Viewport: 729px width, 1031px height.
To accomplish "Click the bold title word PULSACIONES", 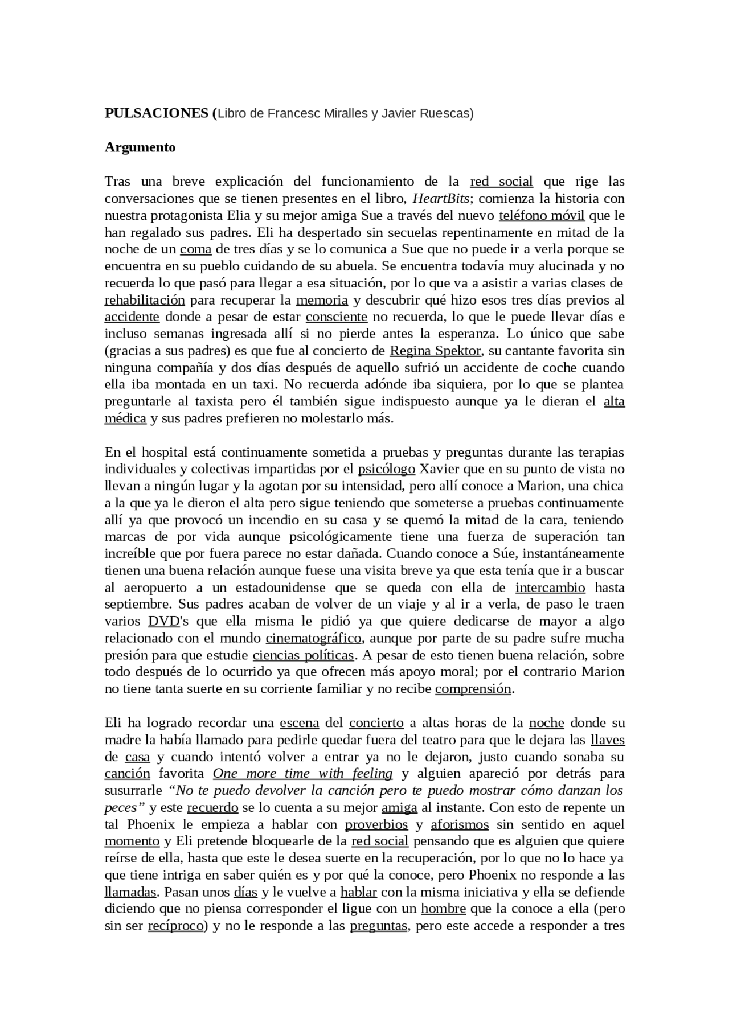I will [157, 113].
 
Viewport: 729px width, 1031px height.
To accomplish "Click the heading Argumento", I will [140, 147].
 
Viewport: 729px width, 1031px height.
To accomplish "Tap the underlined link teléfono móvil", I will [542, 216].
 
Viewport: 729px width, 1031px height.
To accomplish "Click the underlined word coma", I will [196, 249].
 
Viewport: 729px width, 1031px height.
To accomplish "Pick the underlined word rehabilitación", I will [145, 300].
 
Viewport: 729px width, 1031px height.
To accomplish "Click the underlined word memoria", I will [322, 300].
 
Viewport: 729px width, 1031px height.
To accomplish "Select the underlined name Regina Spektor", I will [436, 351].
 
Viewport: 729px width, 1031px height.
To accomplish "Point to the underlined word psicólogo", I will [387, 469].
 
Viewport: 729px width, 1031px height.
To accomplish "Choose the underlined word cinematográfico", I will [313, 638].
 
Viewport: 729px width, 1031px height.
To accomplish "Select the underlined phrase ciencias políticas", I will [304, 655].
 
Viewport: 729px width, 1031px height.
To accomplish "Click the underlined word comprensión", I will [473, 689].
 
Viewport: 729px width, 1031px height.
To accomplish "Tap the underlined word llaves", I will [608, 740].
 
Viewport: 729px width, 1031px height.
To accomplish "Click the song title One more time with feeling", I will [303, 774].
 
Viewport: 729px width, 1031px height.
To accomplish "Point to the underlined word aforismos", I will [460, 824].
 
